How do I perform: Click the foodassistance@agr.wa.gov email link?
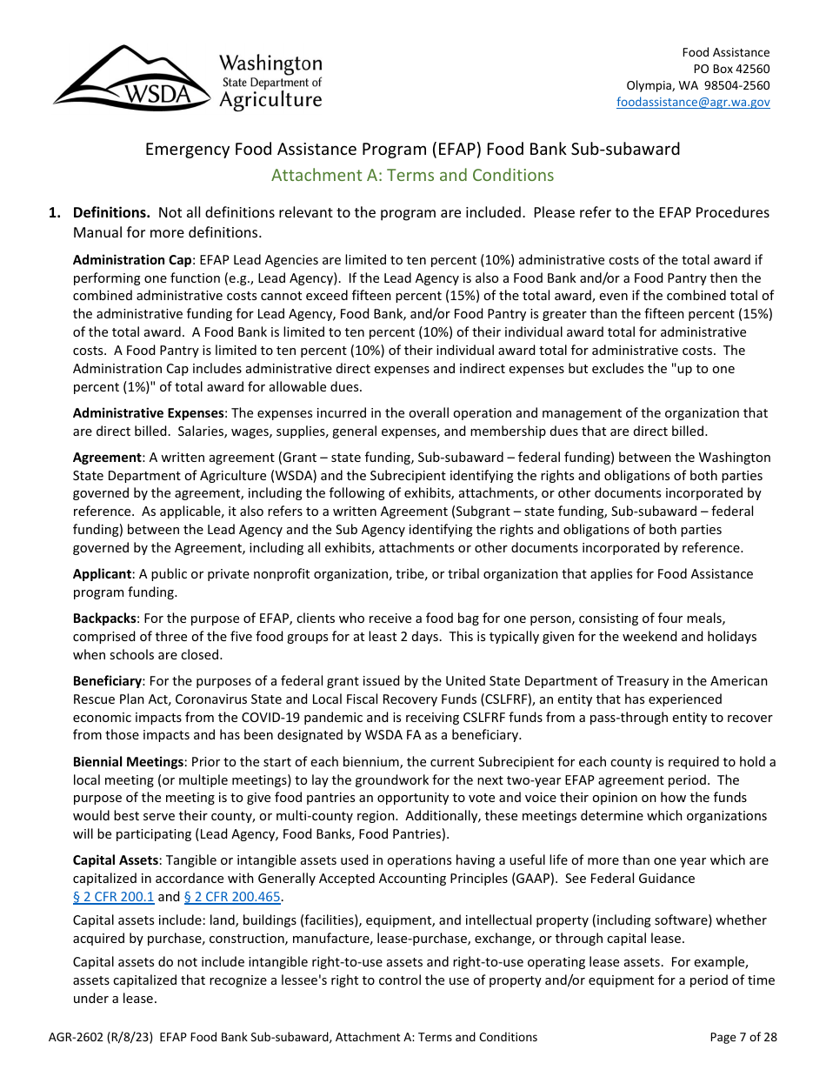(693, 102)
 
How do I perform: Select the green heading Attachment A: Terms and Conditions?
(412, 175)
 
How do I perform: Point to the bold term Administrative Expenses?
(149, 413)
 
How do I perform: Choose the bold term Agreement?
(107, 458)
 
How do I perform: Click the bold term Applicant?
(102, 574)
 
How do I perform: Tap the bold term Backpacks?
(104, 619)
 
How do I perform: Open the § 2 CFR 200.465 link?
(233, 897)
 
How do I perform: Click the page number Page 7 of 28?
(743, 1037)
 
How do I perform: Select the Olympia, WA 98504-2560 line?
(698, 85)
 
